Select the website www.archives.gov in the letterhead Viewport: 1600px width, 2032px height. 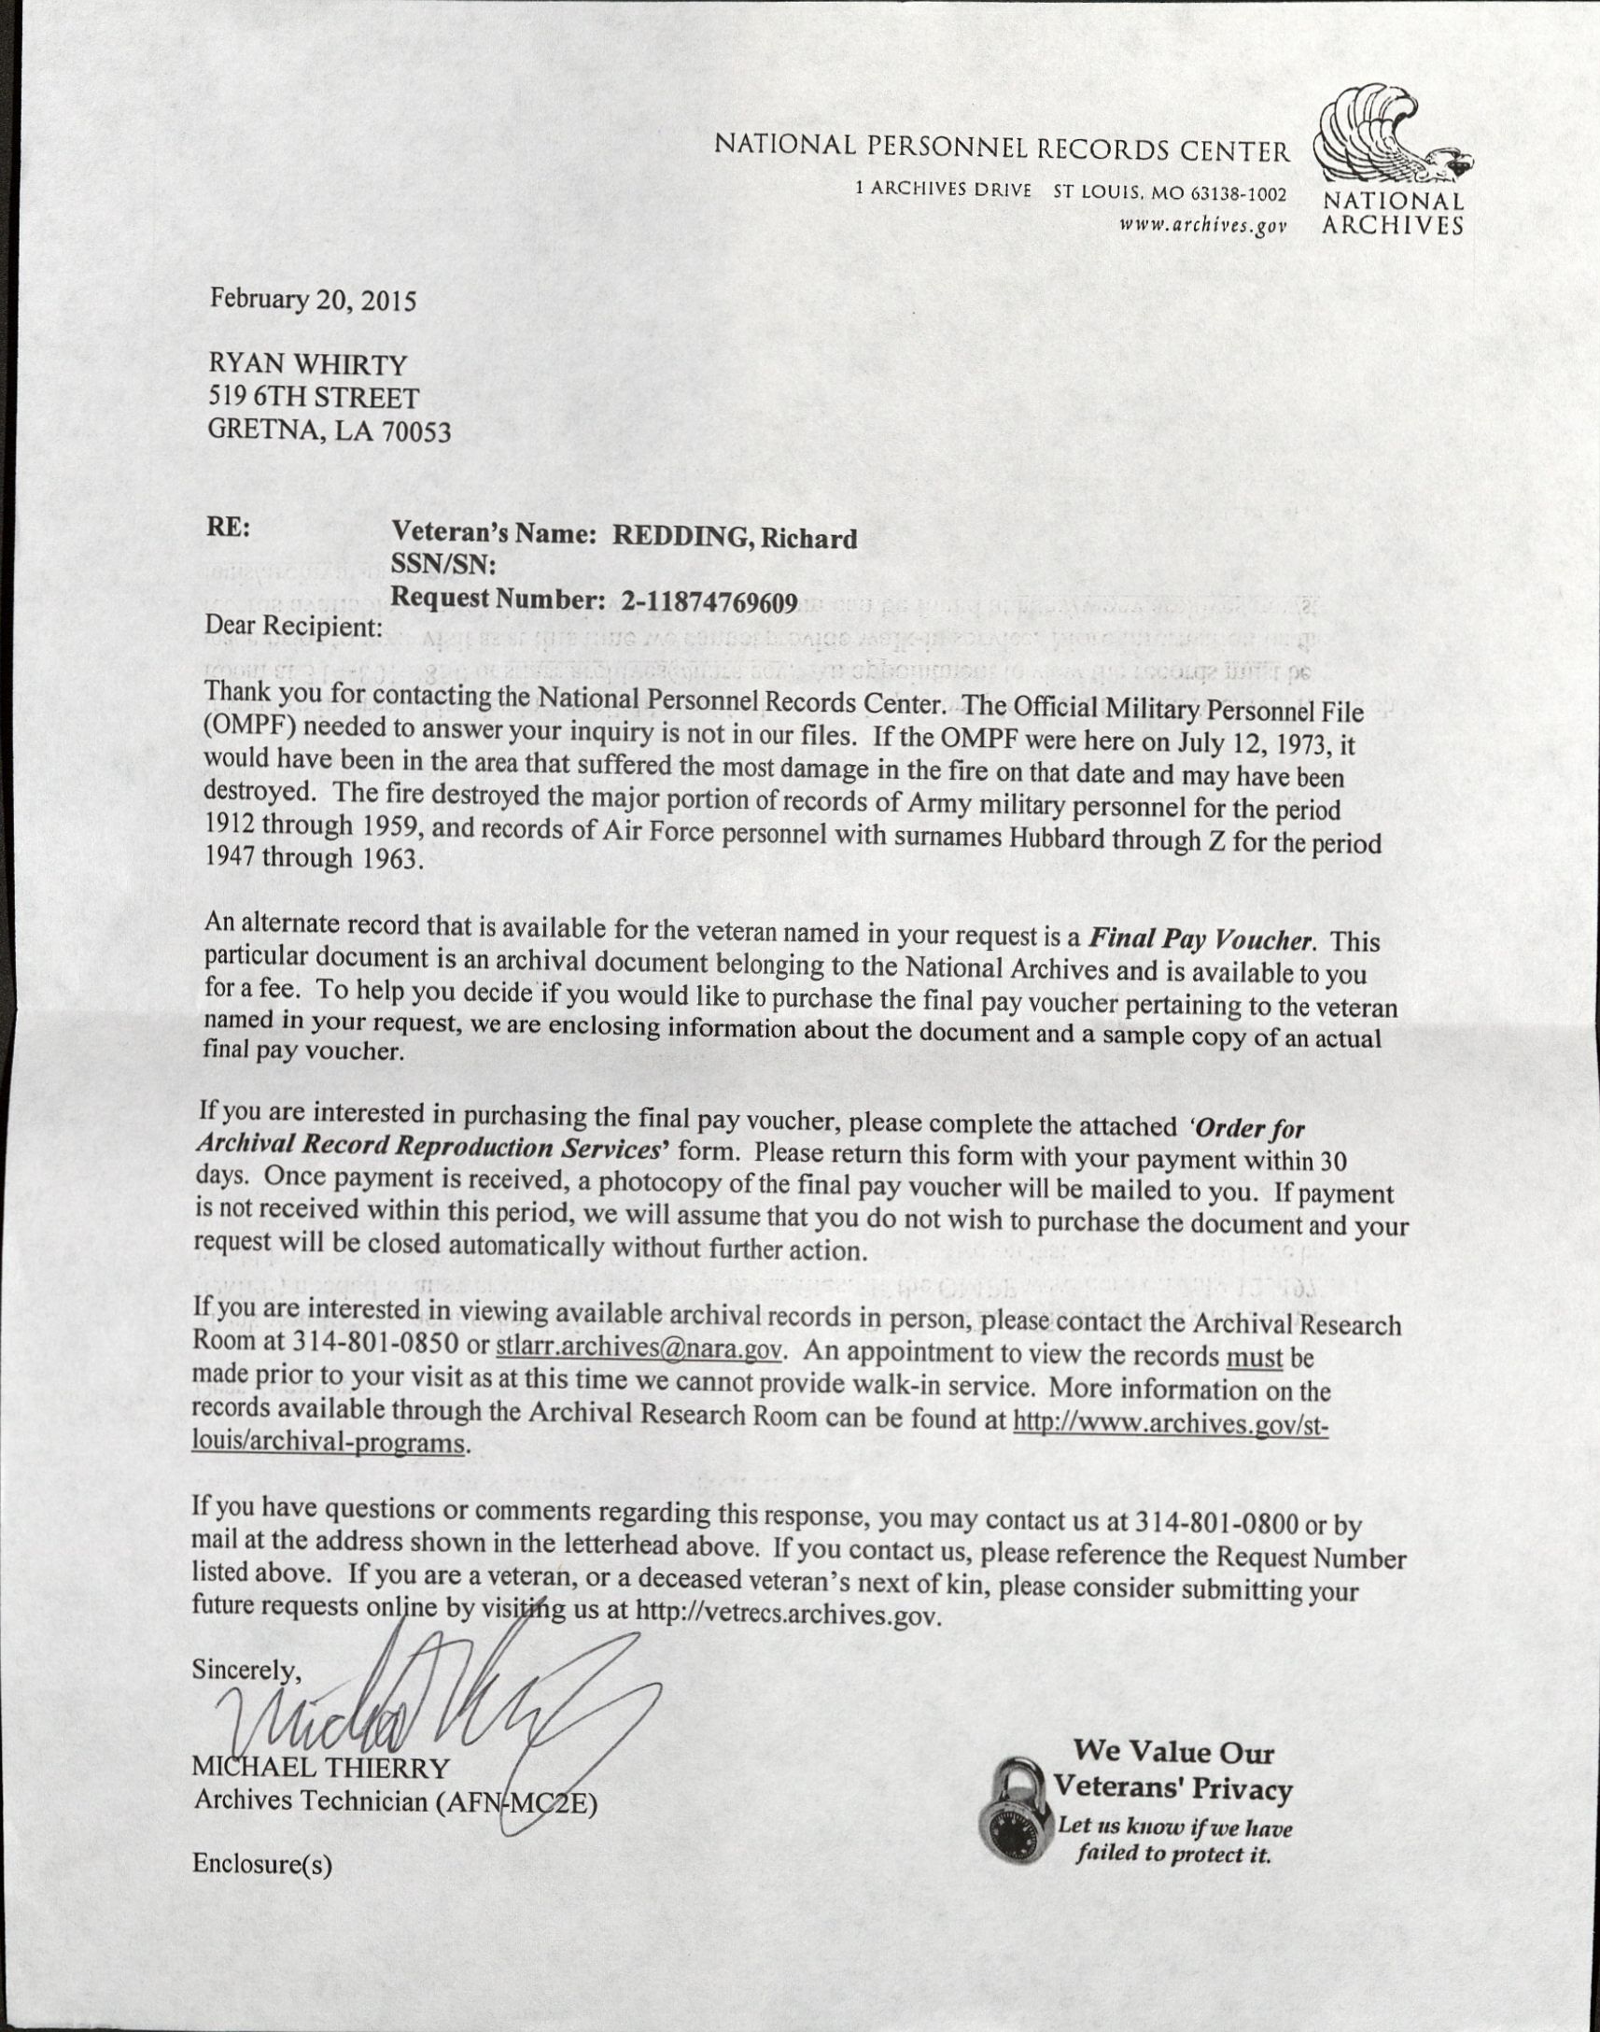tap(1203, 225)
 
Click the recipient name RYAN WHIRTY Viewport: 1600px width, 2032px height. tap(307, 363)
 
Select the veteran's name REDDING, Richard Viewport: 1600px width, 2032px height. tap(735, 537)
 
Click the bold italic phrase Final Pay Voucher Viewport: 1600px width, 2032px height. tap(1204, 938)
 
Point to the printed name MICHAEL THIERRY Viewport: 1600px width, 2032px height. tap(321, 1767)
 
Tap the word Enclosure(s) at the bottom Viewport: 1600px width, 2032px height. tap(262, 1864)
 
